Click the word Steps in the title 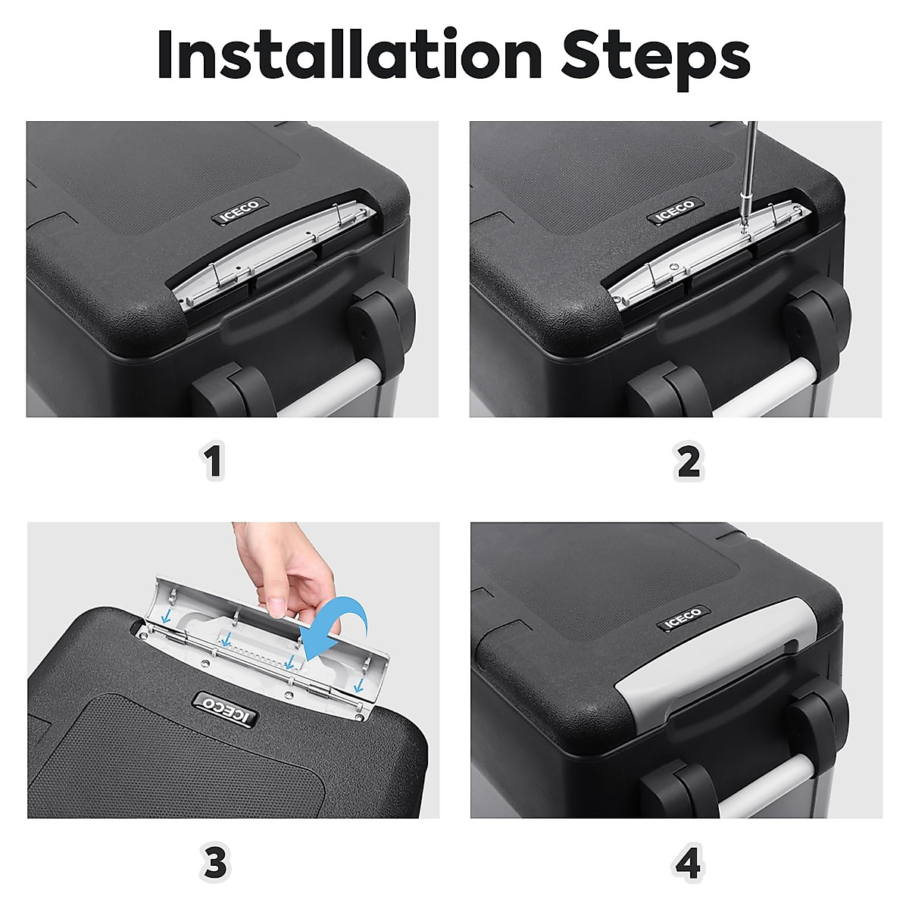[655, 58]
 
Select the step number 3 [215, 861]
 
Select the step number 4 [689, 861]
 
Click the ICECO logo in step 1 [239, 212]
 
